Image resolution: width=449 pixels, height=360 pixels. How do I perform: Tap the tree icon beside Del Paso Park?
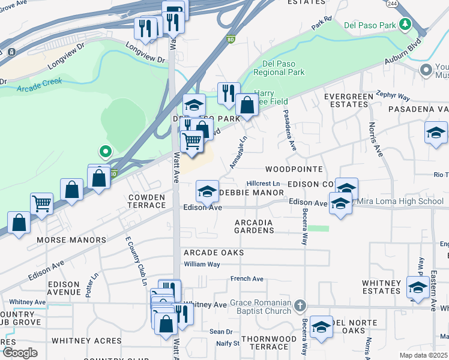click(406, 25)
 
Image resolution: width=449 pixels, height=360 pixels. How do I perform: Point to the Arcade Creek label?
click(35, 88)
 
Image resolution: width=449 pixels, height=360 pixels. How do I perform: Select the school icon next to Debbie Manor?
click(207, 192)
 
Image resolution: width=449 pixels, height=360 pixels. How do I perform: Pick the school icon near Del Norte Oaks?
click(321, 326)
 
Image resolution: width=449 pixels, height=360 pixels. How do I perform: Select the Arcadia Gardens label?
click(254, 226)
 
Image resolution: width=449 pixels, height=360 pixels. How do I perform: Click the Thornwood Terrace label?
click(268, 343)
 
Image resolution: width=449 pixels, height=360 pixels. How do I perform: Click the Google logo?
click(20, 353)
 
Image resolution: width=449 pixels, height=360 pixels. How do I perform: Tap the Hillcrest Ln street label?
click(264, 184)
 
